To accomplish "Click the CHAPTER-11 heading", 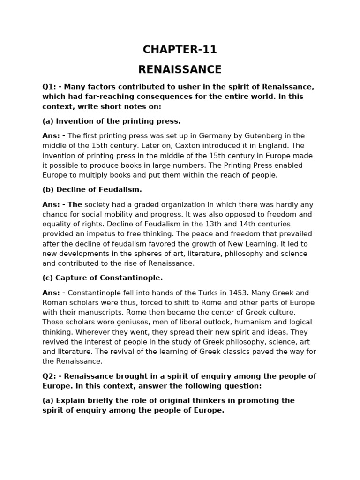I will tap(180, 50).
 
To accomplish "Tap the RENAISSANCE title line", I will tap(180, 70).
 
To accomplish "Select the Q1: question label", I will tap(49, 87).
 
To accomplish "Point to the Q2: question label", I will tap(49, 376).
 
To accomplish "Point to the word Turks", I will tap(180, 292).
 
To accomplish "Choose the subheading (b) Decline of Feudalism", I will tap(92, 190).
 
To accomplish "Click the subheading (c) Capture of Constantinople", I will tap(102, 278).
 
